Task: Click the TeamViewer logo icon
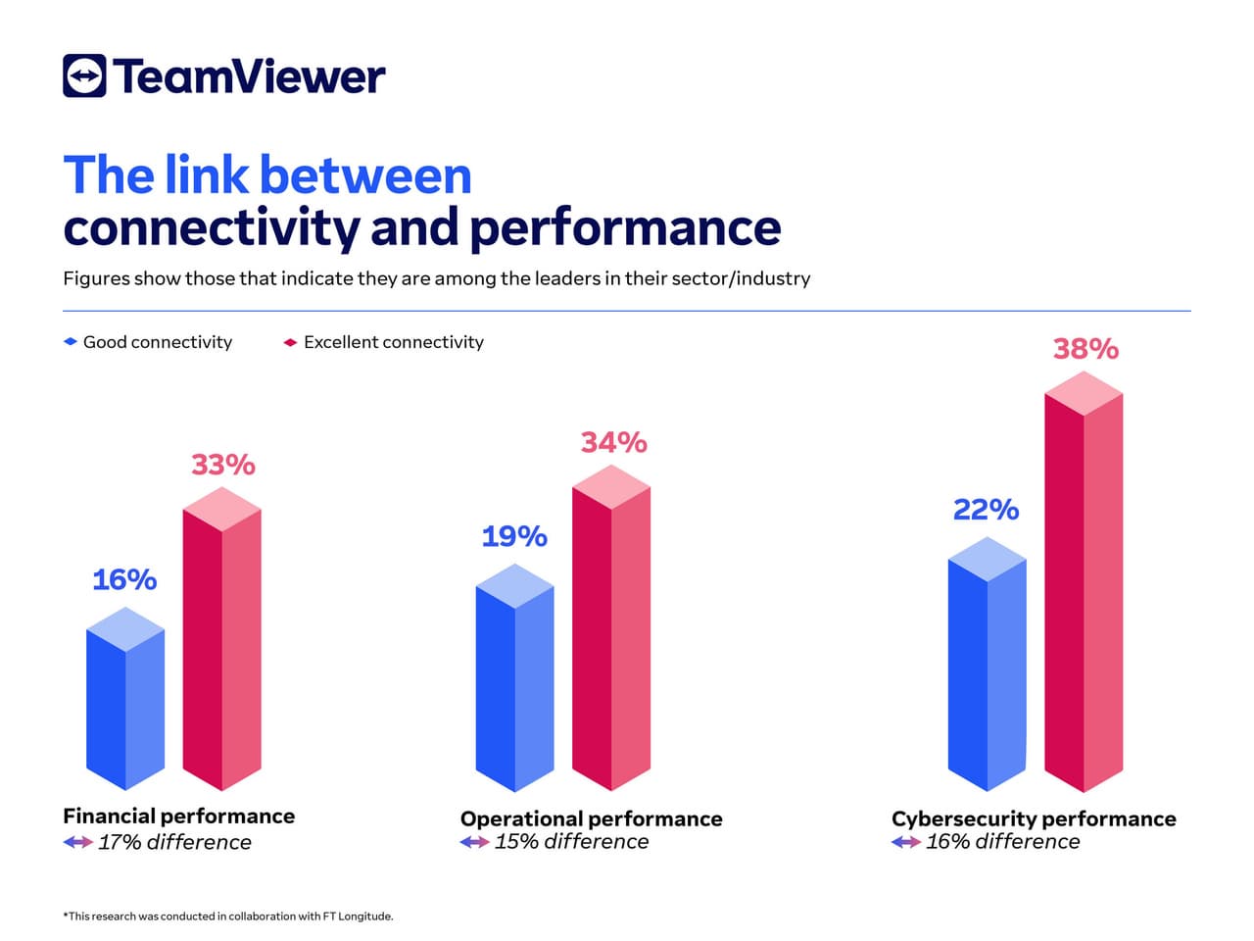tap(84, 75)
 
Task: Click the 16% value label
tap(124, 580)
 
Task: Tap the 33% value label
tap(223, 465)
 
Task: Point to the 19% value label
tap(514, 536)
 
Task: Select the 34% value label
tap(614, 443)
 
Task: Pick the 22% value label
tap(986, 510)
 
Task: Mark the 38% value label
tap(1085, 349)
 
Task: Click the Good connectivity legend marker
tap(71, 342)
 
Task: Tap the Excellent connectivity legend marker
tap(290, 342)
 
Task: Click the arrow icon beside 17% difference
tap(78, 842)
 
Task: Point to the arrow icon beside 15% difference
tap(474, 842)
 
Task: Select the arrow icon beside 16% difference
tap(906, 842)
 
